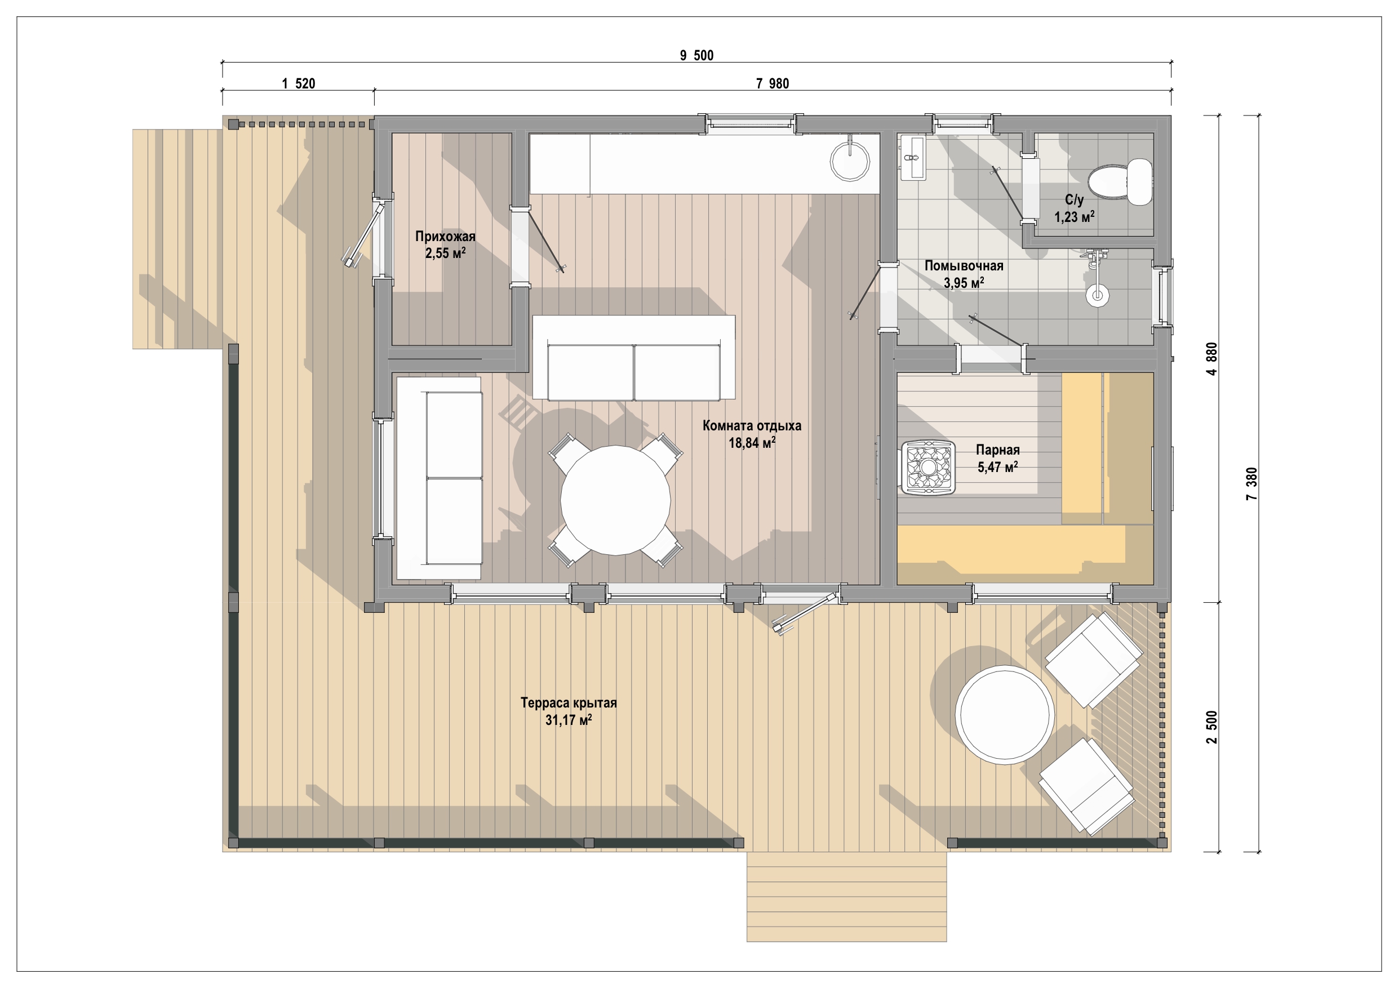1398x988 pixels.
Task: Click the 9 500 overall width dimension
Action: click(x=696, y=55)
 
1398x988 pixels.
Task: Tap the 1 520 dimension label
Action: click(x=298, y=84)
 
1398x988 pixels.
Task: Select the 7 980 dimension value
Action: click(x=772, y=84)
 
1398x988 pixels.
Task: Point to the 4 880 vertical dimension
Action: click(x=1212, y=359)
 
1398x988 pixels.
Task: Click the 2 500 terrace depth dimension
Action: click(x=1212, y=727)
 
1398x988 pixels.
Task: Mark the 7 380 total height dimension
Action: click(x=1252, y=484)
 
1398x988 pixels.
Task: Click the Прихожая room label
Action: click(x=445, y=236)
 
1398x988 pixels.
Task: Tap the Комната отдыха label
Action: click(x=752, y=425)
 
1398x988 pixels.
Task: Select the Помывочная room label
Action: click(x=964, y=266)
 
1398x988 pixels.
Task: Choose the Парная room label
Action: click(x=997, y=450)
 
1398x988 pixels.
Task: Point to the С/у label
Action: click(x=1074, y=199)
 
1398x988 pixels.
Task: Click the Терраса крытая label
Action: click(x=569, y=702)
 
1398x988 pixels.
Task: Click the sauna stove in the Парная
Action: click(x=929, y=467)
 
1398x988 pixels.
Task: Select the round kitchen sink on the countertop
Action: click(x=850, y=161)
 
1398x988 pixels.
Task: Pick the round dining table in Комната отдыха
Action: click(x=615, y=500)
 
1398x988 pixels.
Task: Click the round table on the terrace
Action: click(x=1005, y=714)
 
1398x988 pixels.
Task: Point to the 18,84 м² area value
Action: click(x=752, y=443)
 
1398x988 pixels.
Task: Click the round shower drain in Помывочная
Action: click(x=1097, y=296)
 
